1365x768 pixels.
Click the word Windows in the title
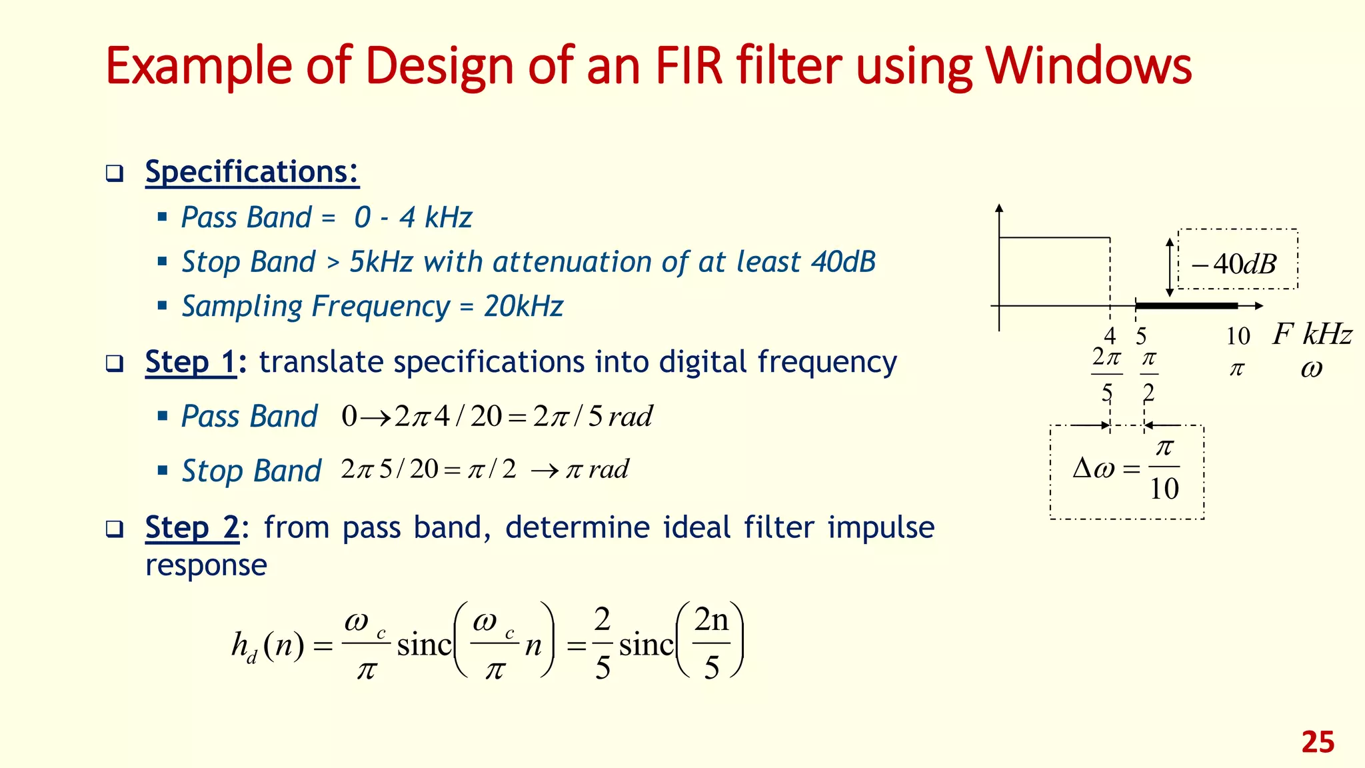point(1088,66)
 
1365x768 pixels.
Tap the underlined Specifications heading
point(252,172)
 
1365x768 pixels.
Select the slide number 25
point(1318,742)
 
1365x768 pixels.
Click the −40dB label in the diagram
point(1234,264)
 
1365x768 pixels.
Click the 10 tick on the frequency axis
point(1238,336)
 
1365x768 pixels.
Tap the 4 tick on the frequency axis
point(1110,335)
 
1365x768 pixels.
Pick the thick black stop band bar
point(1186,306)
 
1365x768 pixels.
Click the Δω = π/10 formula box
point(1127,471)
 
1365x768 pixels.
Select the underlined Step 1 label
point(190,362)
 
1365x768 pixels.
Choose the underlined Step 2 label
point(192,527)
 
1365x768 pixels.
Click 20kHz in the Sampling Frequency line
point(524,307)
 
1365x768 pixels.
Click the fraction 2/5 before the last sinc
point(602,644)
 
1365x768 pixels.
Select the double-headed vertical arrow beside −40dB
point(1169,267)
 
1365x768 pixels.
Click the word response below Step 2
point(206,565)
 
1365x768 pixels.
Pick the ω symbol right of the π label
point(1311,369)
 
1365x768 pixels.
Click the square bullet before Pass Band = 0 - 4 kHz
point(162,217)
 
